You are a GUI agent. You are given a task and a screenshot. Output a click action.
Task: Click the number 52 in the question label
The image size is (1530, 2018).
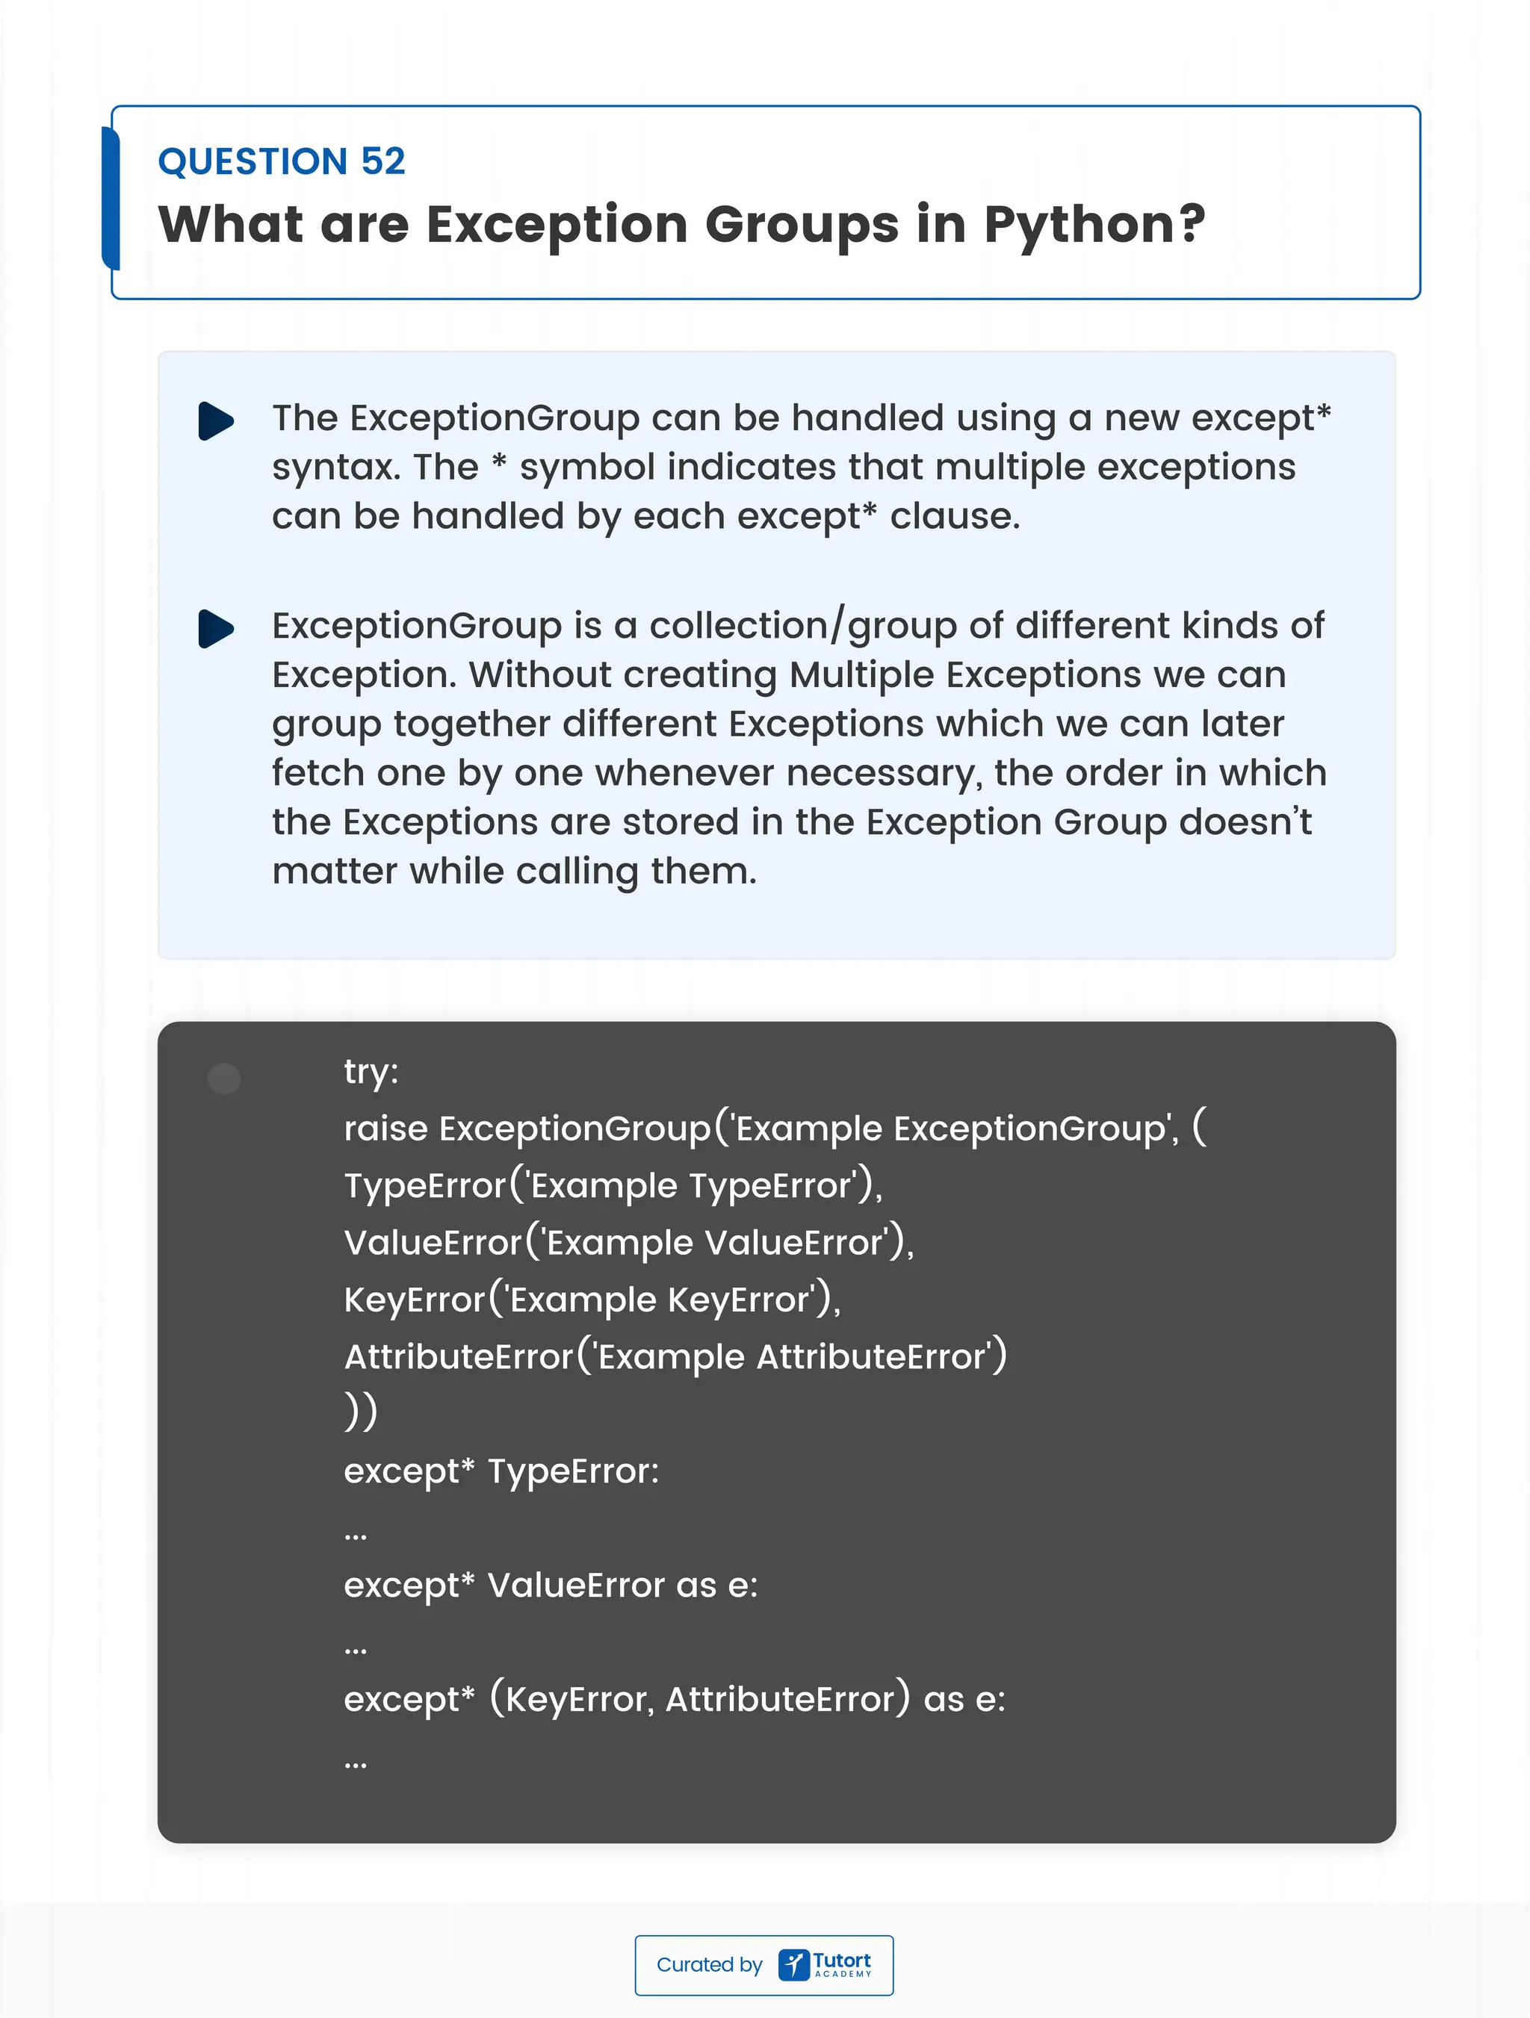[382, 161]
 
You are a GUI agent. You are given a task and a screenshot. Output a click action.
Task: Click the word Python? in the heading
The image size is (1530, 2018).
[1094, 224]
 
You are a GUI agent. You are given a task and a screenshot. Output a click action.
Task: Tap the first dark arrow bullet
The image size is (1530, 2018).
[216, 420]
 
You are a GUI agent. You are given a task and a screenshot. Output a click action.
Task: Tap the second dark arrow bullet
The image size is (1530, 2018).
[216, 629]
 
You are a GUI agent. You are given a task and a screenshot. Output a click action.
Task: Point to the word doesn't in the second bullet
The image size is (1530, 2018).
[1245, 822]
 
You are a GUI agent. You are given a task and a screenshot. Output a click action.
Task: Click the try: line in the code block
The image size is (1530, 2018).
[371, 1072]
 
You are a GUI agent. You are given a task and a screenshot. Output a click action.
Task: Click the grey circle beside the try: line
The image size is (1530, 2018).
[224, 1078]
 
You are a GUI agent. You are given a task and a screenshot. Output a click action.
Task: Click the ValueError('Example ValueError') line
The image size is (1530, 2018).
[628, 1243]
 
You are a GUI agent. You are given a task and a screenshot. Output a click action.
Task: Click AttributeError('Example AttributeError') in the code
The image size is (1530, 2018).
[675, 1356]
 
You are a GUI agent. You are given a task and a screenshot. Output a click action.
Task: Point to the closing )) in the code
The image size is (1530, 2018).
[360, 1412]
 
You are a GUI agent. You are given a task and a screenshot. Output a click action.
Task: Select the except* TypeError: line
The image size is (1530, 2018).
[501, 1471]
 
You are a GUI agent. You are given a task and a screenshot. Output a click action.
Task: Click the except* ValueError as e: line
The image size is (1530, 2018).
[550, 1585]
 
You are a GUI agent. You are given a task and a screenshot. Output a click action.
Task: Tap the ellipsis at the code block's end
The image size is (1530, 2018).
[356, 1764]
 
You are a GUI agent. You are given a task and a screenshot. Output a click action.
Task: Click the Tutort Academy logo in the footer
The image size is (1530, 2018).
[826, 1964]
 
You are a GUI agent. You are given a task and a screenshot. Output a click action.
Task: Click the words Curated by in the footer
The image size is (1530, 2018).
[709, 1964]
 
